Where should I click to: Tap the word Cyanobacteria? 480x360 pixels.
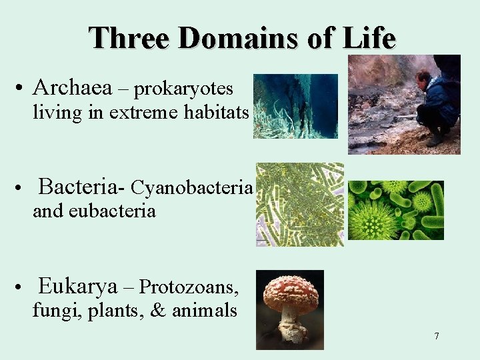pos(192,189)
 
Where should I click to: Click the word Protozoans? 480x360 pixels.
pos(190,287)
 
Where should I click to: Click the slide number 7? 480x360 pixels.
pos(437,336)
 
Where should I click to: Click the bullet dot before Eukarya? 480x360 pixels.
pos(22,289)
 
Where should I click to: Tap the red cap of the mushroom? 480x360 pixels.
pos(290,290)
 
